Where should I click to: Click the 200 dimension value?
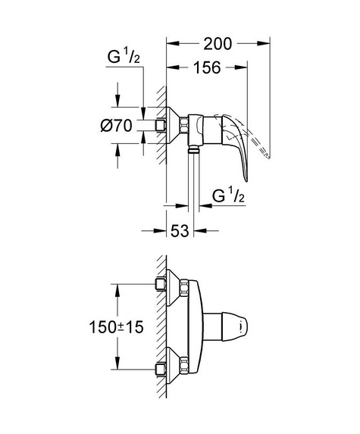(218, 44)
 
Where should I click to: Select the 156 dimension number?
(207, 67)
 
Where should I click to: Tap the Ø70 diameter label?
(116, 126)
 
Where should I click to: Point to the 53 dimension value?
(180, 230)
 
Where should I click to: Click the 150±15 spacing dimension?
(116, 327)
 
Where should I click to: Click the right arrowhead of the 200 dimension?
(264, 43)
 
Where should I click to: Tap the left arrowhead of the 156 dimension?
(173, 67)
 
